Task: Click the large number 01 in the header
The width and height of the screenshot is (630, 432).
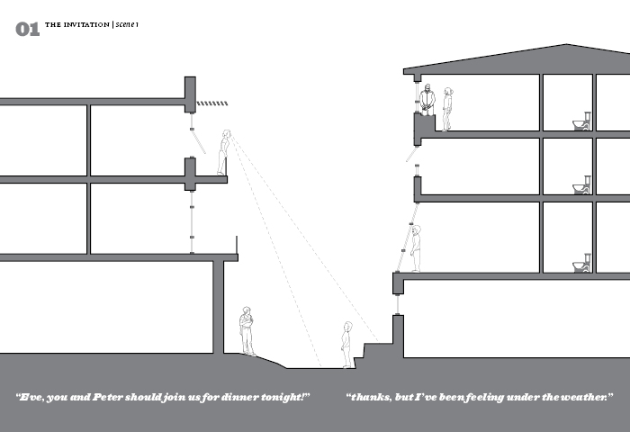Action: click(28, 30)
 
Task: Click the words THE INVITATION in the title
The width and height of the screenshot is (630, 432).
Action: click(77, 24)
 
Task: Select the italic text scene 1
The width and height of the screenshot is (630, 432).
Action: click(126, 24)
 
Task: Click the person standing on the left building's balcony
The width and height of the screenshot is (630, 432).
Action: click(223, 153)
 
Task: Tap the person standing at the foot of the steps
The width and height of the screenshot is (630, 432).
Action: click(346, 345)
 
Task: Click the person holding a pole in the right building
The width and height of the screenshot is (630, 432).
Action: click(415, 248)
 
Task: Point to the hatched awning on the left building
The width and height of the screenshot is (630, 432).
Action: click(211, 103)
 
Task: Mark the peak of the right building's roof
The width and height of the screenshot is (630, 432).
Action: click(565, 45)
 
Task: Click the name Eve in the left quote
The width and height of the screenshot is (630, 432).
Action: click(32, 398)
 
